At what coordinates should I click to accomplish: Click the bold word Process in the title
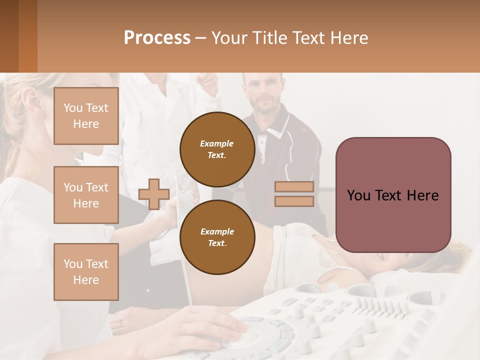click(157, 38)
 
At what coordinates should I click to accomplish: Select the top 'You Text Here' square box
click(86, 116)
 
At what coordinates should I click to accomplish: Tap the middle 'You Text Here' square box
click(86, 195)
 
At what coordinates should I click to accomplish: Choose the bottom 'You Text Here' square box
click(86, 271)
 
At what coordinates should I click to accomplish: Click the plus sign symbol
click(153, 194)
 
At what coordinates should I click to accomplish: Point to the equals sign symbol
click(294, 194)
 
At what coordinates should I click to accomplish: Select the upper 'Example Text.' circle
click(217, 149)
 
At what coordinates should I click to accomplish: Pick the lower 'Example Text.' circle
click(217, 237)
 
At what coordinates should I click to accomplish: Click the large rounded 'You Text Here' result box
click(393, 195)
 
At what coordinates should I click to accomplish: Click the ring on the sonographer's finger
click(119, 324)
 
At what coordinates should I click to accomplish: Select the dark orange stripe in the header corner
click(27, 36)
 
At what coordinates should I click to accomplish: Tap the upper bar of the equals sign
click(294, 187)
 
